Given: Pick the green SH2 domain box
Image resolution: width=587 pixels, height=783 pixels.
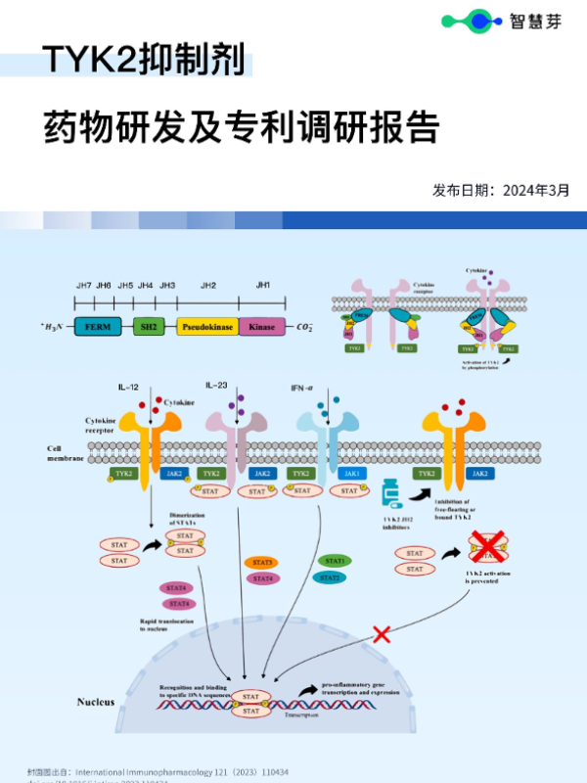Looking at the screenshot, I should (150, 327).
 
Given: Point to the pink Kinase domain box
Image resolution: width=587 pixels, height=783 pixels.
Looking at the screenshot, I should (262, 327).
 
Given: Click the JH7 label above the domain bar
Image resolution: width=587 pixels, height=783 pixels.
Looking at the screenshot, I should (84, 285).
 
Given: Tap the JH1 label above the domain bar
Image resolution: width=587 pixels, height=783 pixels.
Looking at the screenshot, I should (262, 285).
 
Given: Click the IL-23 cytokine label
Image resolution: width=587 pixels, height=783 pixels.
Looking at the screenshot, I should (216, 386).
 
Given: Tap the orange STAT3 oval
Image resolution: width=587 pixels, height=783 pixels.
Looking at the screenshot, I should (262, 563).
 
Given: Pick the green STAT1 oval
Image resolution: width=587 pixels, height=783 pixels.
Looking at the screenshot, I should (335, 561).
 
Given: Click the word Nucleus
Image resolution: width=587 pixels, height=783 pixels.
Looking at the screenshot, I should (96, 702).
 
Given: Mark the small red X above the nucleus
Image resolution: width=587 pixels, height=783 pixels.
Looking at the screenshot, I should (382, 634).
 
